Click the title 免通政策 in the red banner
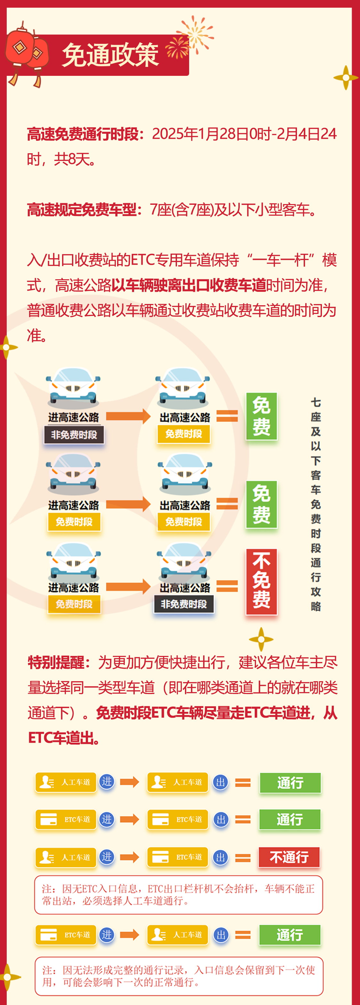pyautogui.click(x=110, y=55)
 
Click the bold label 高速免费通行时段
pyautogui.click(x=83, y=134)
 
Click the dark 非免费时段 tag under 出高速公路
pyautogui.click(x=184, y=604)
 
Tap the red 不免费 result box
pyautogui.click(x=261, y=581)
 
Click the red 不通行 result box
pyautogui.click(x=289, y=857)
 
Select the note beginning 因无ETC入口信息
pyautogui.click(x=179, y=895)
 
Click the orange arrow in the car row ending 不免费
pyautogui.click(x=128, y=586)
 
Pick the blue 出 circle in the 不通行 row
pyautogui.click(x=220, y=857)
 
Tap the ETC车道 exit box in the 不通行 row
pyautogui.click(x=178, y=857)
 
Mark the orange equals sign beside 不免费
pyautogui.click(x=227, y=586)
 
